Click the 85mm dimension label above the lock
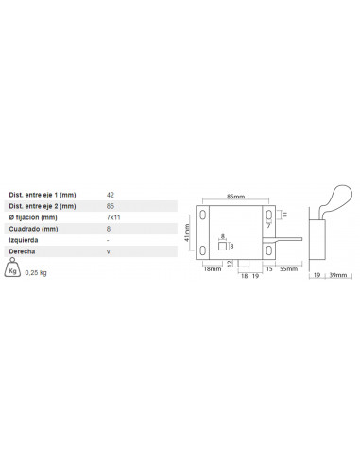235,197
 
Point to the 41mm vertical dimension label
187,232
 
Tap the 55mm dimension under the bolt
288,269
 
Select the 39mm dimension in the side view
338,275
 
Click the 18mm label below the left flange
213,269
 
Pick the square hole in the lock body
222,246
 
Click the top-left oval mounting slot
203,215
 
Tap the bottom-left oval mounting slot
203,250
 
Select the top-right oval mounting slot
269,215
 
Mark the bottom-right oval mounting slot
269,250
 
